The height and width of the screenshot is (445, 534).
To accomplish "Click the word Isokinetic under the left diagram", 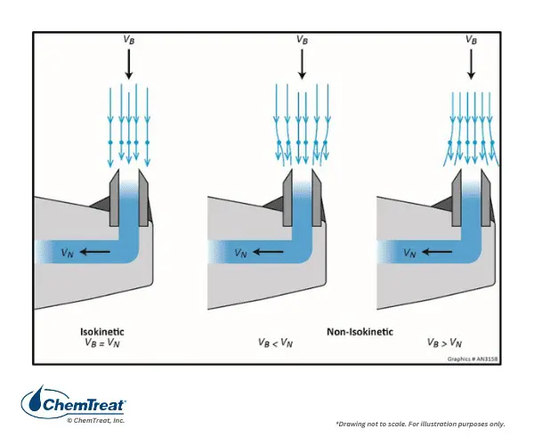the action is [x=102, y=332].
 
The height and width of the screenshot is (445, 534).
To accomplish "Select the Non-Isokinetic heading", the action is [x=360, y=332].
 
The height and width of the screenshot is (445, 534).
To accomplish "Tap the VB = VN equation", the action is [x=102, y=343].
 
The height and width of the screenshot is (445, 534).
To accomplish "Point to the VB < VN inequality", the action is [x=275, y=343].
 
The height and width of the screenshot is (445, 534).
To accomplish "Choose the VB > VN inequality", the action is [x=444, y=343].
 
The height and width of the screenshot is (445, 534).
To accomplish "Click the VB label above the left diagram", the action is [x=129, y=40].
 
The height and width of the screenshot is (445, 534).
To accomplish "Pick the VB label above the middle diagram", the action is [x=302, y=40].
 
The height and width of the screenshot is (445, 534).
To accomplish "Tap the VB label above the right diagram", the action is [x=471, y=40].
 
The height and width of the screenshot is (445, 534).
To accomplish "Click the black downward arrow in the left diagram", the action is [x=129, y=64].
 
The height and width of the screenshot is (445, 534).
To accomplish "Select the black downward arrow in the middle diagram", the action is [x=302, y=64].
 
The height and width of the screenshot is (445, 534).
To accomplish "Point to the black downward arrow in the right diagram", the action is [x=471, y=64].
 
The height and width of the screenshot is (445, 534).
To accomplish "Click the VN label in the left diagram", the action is [x=67, y=253].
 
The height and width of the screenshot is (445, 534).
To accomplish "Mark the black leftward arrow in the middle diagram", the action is [x=268, y=252].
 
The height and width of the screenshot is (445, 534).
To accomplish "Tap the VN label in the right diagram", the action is [x=409, y=253].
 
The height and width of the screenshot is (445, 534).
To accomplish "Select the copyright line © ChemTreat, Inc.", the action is [x=96, y=420].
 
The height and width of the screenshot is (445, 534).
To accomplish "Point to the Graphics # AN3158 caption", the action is [x=472, y=359].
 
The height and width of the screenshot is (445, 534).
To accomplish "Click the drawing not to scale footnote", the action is [x=420, y=424].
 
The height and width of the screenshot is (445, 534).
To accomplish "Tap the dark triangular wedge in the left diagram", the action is [x=100, y=205].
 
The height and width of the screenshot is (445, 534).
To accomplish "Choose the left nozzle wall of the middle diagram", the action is [x=287, y=198].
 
